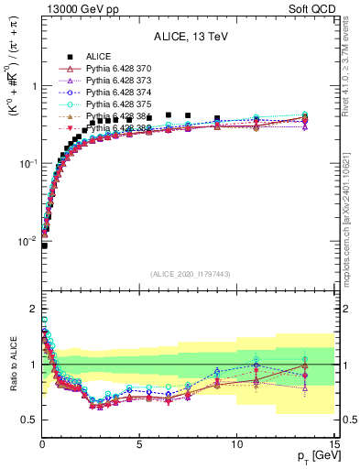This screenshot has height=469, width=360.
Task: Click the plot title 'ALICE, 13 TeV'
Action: [x=190, y=38]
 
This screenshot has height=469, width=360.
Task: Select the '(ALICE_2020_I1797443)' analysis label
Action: [x=190, y=274]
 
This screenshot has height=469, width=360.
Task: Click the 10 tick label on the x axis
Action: [x=235, y=444]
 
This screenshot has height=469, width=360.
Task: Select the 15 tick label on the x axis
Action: [x=333, y=444]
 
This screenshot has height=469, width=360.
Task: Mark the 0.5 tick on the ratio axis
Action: [x=27, y=420]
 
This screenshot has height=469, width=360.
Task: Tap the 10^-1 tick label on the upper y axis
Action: [x=27, y=164]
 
